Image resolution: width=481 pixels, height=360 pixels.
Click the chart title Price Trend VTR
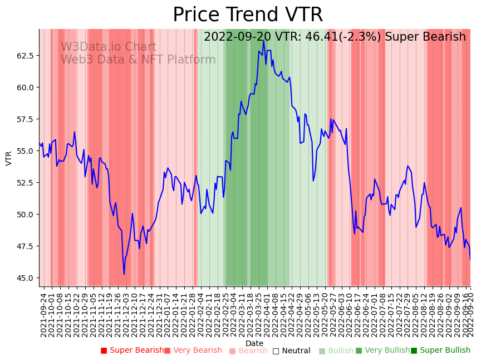coord(247,15)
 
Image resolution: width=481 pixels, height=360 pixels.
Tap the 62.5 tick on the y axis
coord(24,56)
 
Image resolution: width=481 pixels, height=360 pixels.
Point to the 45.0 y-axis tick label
coord(24,278)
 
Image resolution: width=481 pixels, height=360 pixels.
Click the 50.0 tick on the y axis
coord(24,215)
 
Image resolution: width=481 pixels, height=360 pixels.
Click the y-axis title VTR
coord(9,158)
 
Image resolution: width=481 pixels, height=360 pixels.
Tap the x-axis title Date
coord(254,343)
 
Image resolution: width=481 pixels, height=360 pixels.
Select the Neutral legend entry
coord(291,351)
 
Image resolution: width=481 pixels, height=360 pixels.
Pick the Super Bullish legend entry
coord(440,351)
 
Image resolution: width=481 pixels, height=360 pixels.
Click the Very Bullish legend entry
coord(382,351)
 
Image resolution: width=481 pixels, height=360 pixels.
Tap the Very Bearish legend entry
coord(193,351)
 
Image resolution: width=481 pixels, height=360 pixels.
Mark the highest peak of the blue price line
coord(263,41)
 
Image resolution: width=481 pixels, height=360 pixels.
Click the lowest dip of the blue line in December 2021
coord(124,274)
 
